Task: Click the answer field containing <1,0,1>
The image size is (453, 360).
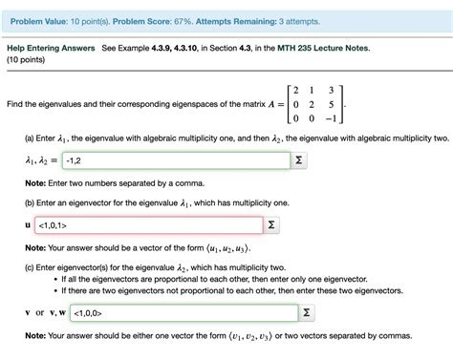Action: pyautogui.click(x=148, y=225)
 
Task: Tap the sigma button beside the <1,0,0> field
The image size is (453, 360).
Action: pyautogui.click(x=306, y=312)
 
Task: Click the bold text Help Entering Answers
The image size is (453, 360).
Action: pyautogui.click(x=51, y=47)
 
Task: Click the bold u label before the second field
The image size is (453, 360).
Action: pyautogui.click(x=28, y=226)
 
